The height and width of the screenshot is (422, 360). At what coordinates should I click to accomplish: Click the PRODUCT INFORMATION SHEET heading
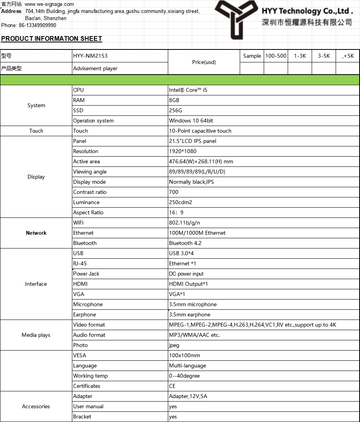pos(51,38)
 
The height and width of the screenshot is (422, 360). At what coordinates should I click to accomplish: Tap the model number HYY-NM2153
pos(90,56)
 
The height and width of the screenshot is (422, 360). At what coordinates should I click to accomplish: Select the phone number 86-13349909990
pos(37,25)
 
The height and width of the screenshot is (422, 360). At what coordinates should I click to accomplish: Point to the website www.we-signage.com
pos(49,4)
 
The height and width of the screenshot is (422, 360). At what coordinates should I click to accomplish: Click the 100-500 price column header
pos(276,56)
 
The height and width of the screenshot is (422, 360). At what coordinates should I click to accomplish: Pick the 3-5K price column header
pos(324,56)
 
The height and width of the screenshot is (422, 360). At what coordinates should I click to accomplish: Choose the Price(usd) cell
pos(204,62)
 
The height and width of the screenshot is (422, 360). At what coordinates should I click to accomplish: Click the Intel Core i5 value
pos(188,90)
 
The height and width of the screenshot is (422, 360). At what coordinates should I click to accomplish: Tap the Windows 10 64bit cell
pos(191,121)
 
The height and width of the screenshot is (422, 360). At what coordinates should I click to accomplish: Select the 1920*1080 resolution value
pos(183,151)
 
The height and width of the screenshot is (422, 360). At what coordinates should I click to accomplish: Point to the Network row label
pos(36,233)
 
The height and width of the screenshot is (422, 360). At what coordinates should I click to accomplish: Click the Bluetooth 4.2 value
pos(185,243)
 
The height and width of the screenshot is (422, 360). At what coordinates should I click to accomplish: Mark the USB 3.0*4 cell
pos(181,253)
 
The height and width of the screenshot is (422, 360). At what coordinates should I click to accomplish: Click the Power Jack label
pos(86,274)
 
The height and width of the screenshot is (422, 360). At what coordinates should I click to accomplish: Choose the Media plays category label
pos(36,335)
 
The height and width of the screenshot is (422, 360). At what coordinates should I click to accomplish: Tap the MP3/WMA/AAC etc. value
pos(194,335)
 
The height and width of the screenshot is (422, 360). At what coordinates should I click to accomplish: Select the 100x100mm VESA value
pos(184,355)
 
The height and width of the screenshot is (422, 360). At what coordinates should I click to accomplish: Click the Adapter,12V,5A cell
pos(188,396)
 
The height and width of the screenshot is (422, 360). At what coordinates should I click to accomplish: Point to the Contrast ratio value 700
pos(174,192)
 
